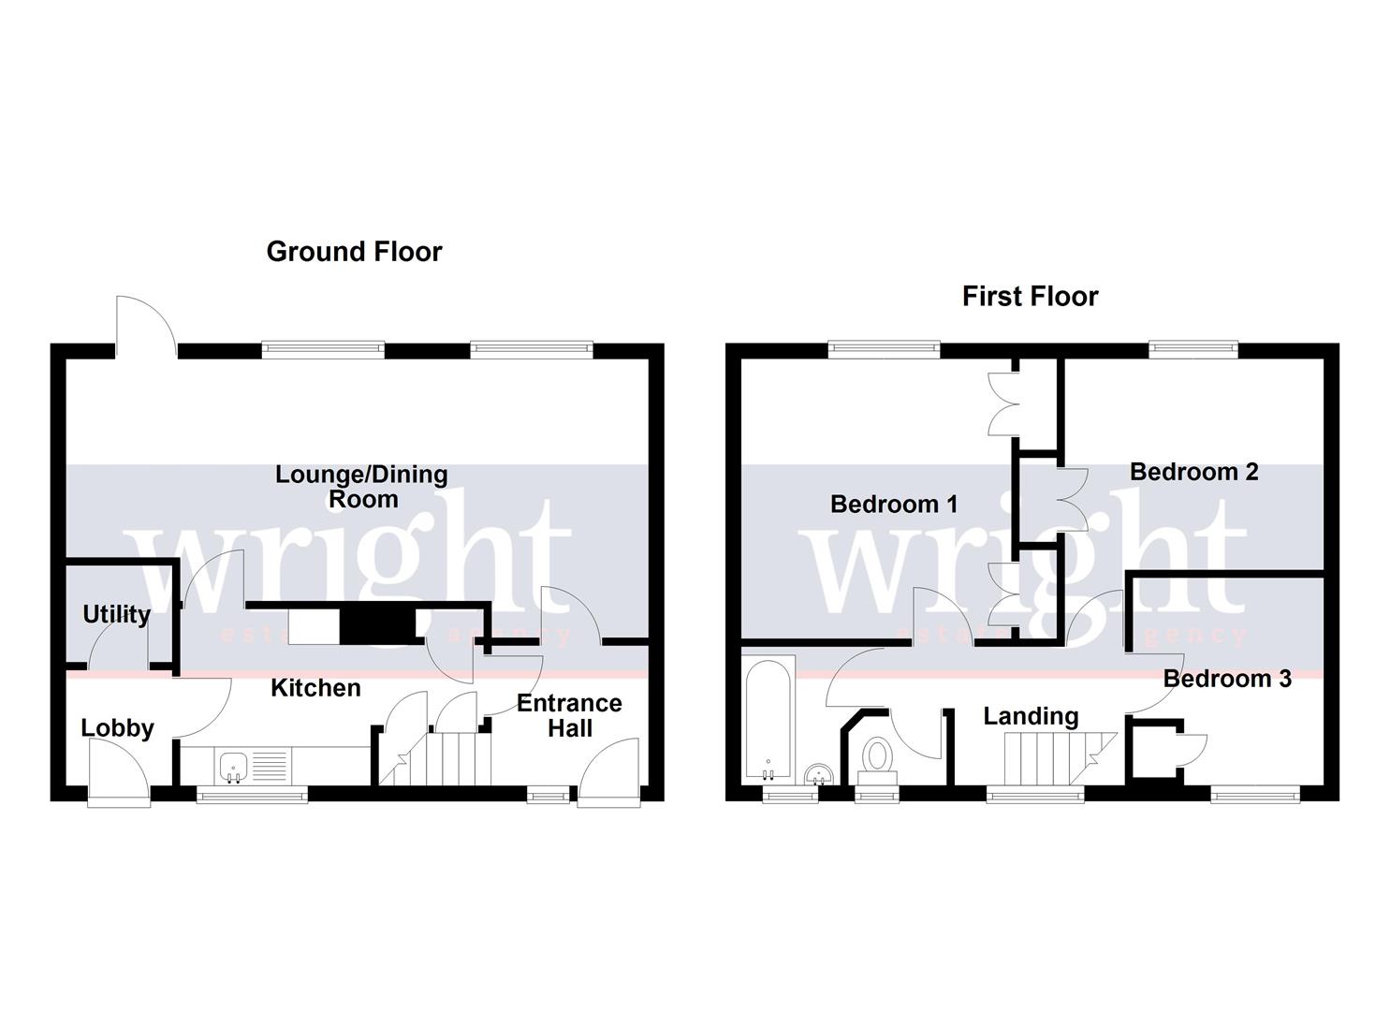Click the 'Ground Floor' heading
tap(354, 252)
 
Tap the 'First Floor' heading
tap(1030, 297)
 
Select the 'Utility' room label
tap(116, 615)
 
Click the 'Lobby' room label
tap(117, 728)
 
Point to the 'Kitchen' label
tap(315, 688)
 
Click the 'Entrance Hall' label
tap(569, 715)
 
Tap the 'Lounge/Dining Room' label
tap(361, 487)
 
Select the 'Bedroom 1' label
tap(894, 505)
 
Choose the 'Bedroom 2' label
tap(1193, 472)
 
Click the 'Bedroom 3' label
tap(1227, 679)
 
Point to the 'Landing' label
tap(1031, 717)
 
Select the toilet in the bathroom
tap(877, 756)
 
